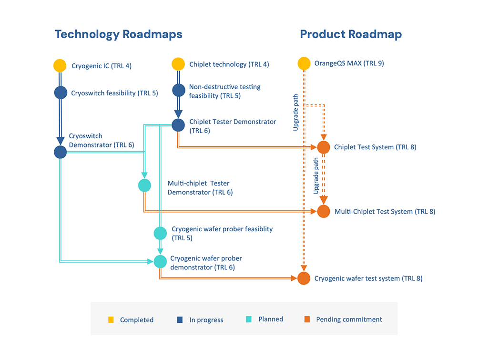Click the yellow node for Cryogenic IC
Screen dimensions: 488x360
pos(60,66)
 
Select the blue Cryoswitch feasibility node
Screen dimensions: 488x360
pos(61,93)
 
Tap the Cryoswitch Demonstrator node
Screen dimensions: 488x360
pos(61,152)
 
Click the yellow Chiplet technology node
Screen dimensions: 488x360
pos(178,64)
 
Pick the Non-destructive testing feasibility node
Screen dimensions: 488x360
pos(179,90)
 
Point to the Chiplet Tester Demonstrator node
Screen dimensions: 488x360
pos(178,125)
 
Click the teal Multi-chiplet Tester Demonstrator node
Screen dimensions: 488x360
pos(145,185)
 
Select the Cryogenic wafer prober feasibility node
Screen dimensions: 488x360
pos(160,233)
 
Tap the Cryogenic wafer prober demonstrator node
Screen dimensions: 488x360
pos(160,262)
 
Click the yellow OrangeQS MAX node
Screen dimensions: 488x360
pos(304,63)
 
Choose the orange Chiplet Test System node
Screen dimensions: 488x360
pos(324,147)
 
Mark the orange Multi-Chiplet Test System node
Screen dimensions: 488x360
pos(324,211)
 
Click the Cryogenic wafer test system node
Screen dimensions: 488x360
pos(304,278)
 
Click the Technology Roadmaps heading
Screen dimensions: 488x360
pos(119,34)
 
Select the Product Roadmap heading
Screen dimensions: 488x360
pos(351,34)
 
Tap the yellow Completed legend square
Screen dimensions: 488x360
pos(111,320)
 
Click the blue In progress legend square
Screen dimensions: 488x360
pos(180,320)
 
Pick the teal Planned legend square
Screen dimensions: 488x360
pos(249,319)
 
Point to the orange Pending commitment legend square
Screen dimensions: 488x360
pos(307,319)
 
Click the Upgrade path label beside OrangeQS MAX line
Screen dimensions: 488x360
pos(295,113)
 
